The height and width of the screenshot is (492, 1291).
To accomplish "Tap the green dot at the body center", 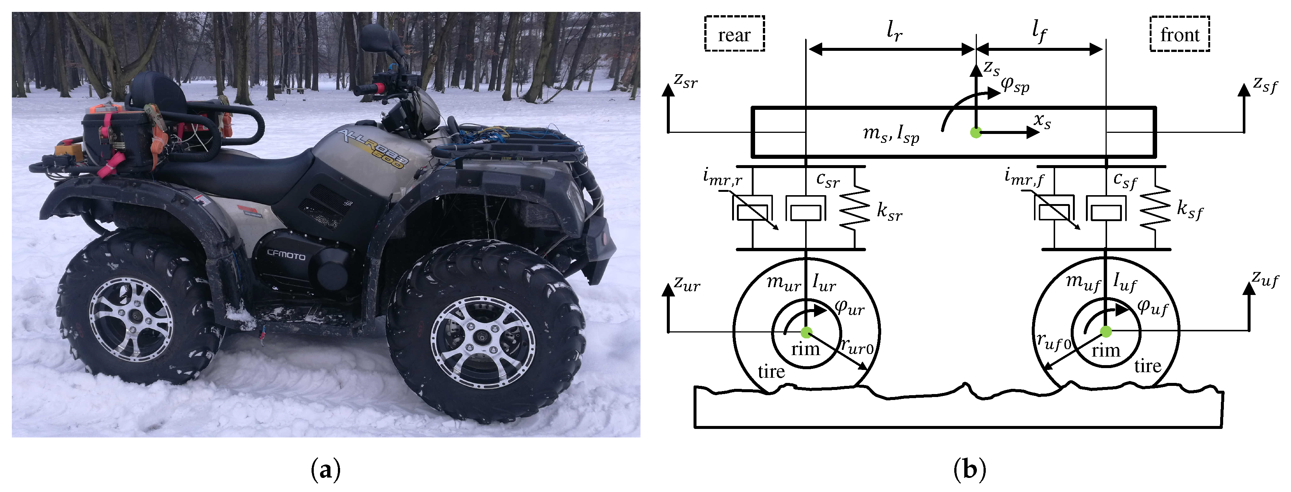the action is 975,132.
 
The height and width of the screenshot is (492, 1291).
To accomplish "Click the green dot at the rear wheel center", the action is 806,332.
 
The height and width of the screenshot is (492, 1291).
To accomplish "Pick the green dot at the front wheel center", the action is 1106,331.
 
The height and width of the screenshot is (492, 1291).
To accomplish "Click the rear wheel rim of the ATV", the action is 131,319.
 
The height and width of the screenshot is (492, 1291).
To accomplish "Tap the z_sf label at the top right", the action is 1265,84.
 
